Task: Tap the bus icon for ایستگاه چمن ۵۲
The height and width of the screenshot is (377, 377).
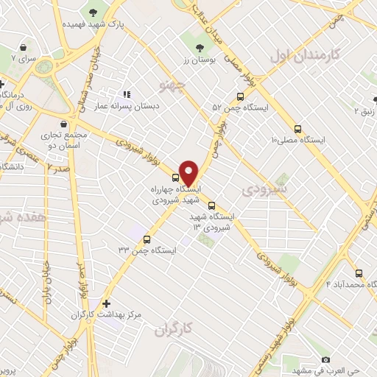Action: point(240,96)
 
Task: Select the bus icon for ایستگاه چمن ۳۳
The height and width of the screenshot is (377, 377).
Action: point(147,239)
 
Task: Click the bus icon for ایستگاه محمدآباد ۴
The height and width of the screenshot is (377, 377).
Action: point(359,272)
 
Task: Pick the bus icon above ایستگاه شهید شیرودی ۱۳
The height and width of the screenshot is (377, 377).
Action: point(212,206)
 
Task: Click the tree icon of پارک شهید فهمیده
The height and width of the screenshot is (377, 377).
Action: point(93,13)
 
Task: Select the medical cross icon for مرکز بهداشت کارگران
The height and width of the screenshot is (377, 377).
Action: point(107,303)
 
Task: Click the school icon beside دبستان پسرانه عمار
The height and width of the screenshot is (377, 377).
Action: point(127,94)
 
